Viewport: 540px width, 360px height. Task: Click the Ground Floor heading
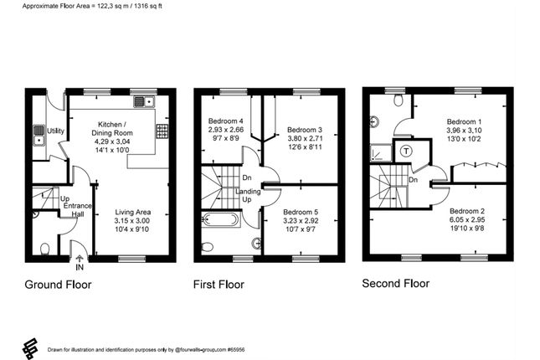tap(58, 284)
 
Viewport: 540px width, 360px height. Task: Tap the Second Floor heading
tap(395, 283)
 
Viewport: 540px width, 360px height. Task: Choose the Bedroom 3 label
tap(305, 130)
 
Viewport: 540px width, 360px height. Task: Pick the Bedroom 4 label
tap(226, 121)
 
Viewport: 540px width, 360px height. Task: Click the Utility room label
tap(56, 131)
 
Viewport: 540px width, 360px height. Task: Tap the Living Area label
tap(135, 213)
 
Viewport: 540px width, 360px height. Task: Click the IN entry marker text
tap(80, 268)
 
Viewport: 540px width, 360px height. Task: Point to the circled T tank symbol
tap(406, 151)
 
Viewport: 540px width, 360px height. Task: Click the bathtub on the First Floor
tap(219, 220)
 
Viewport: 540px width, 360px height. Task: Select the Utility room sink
tap(39, 132)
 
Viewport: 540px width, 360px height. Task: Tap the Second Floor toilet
tap(399, 101)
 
